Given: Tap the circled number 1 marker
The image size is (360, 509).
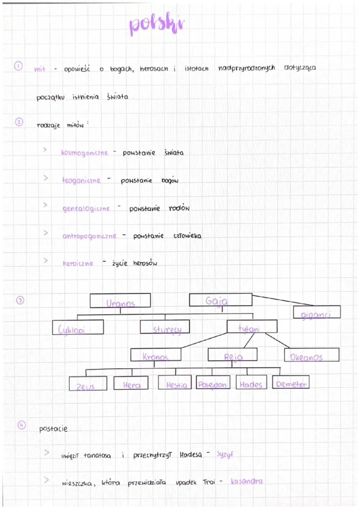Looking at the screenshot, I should point(18,66).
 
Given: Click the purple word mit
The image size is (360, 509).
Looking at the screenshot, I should point(40,69).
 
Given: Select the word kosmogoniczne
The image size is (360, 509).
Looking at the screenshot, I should point(84,153).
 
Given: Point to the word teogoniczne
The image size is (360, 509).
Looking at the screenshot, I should point(81,180).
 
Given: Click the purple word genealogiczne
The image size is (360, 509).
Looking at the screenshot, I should point(86,209).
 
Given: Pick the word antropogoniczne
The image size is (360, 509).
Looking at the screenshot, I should point(89,236).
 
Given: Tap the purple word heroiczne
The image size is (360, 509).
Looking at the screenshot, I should point(78,263).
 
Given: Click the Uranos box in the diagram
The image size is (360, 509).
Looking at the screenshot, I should point(120,301).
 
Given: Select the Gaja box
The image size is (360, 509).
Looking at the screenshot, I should point(220,300).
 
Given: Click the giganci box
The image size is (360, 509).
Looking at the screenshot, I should point(317,312).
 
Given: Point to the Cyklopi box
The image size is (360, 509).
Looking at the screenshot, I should point(78,327).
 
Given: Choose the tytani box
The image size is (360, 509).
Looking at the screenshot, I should point(252,327).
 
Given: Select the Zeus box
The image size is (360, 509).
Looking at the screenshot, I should point(88,384).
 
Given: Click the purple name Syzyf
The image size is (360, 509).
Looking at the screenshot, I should point(225,454).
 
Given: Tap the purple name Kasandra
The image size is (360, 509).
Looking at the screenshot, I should point(247,481).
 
